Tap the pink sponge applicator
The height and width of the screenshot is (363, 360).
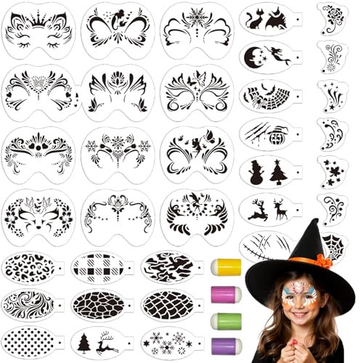[227, 294]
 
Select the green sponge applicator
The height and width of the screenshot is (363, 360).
[227, 320]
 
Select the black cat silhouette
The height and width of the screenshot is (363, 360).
[255, 20]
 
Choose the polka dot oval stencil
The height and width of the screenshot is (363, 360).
[30, 340]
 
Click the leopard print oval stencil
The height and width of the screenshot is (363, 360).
[30, 267]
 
